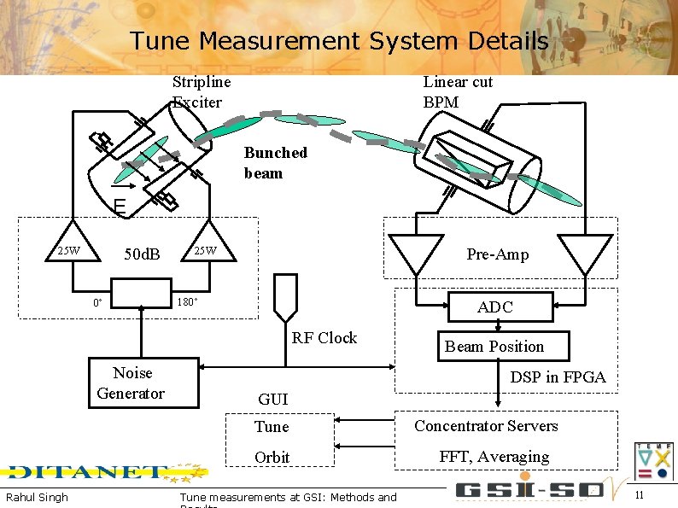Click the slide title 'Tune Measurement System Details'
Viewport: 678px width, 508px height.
coord(339,41)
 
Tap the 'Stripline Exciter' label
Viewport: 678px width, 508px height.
coord(201,92)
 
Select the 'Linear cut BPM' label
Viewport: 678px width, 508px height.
coord(458,92)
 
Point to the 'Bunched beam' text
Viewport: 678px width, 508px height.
coord(275,163)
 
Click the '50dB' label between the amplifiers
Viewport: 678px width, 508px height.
coord(142,254)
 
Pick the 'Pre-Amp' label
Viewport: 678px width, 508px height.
coord(497,254)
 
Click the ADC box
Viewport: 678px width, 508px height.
coord(494,307)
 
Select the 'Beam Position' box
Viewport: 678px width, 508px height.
coord(494,346)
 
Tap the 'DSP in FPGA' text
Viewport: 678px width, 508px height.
coord(558,377)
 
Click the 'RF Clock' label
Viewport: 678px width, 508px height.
coord(324,338)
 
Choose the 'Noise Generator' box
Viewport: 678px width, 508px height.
coord(132,383)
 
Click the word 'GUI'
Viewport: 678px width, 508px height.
coord(272,399)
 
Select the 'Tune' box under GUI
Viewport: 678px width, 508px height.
coord(279,427)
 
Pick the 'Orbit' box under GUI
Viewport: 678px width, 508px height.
coord(279,457)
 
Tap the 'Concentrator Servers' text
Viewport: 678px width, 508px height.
coord(486,426)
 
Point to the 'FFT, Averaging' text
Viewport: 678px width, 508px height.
coord(494,457)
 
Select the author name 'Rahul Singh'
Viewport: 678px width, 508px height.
coord(37,497)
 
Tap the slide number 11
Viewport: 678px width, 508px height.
coord(640,495)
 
